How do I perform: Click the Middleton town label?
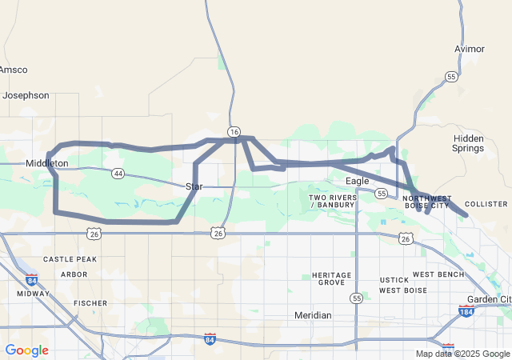[47, 163]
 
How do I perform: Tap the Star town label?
[194, 186]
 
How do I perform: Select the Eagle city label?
[358, 181]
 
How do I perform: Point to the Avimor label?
[470, 49]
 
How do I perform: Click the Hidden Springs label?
[468, 143]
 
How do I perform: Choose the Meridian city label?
[313, 315]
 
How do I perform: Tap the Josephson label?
[26, 95]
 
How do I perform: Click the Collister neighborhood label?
[486, 204]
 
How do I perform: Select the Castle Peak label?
[70, 259]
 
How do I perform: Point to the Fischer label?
[90, 303]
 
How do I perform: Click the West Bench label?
[438, 274]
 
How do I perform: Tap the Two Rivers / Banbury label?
[333, 201]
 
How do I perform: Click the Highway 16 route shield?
[234, 131]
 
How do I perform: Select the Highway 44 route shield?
[118, 173]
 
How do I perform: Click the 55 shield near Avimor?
[452, 77]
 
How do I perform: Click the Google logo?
[26, 350]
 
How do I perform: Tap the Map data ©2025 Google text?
[462, 354]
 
